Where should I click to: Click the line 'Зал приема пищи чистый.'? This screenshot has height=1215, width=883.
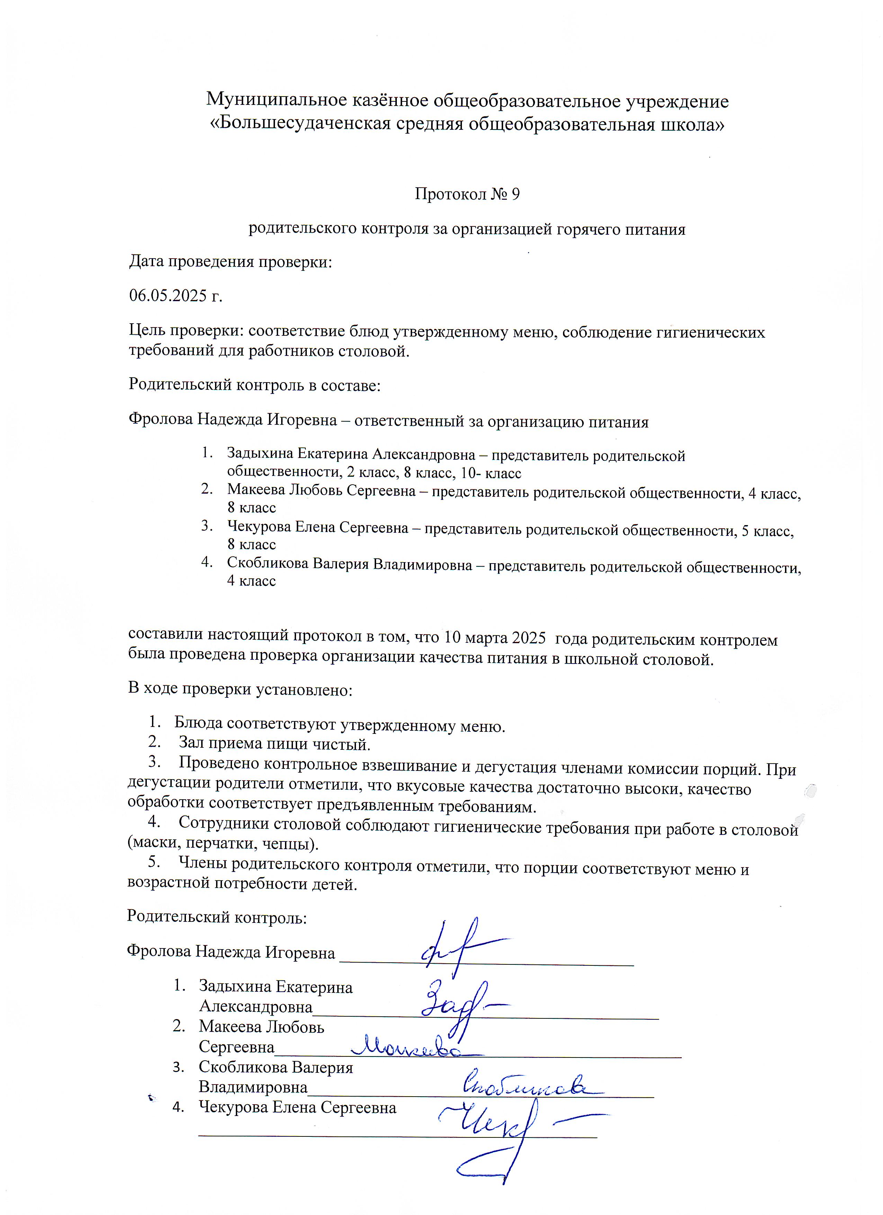(x=274, y=744)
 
